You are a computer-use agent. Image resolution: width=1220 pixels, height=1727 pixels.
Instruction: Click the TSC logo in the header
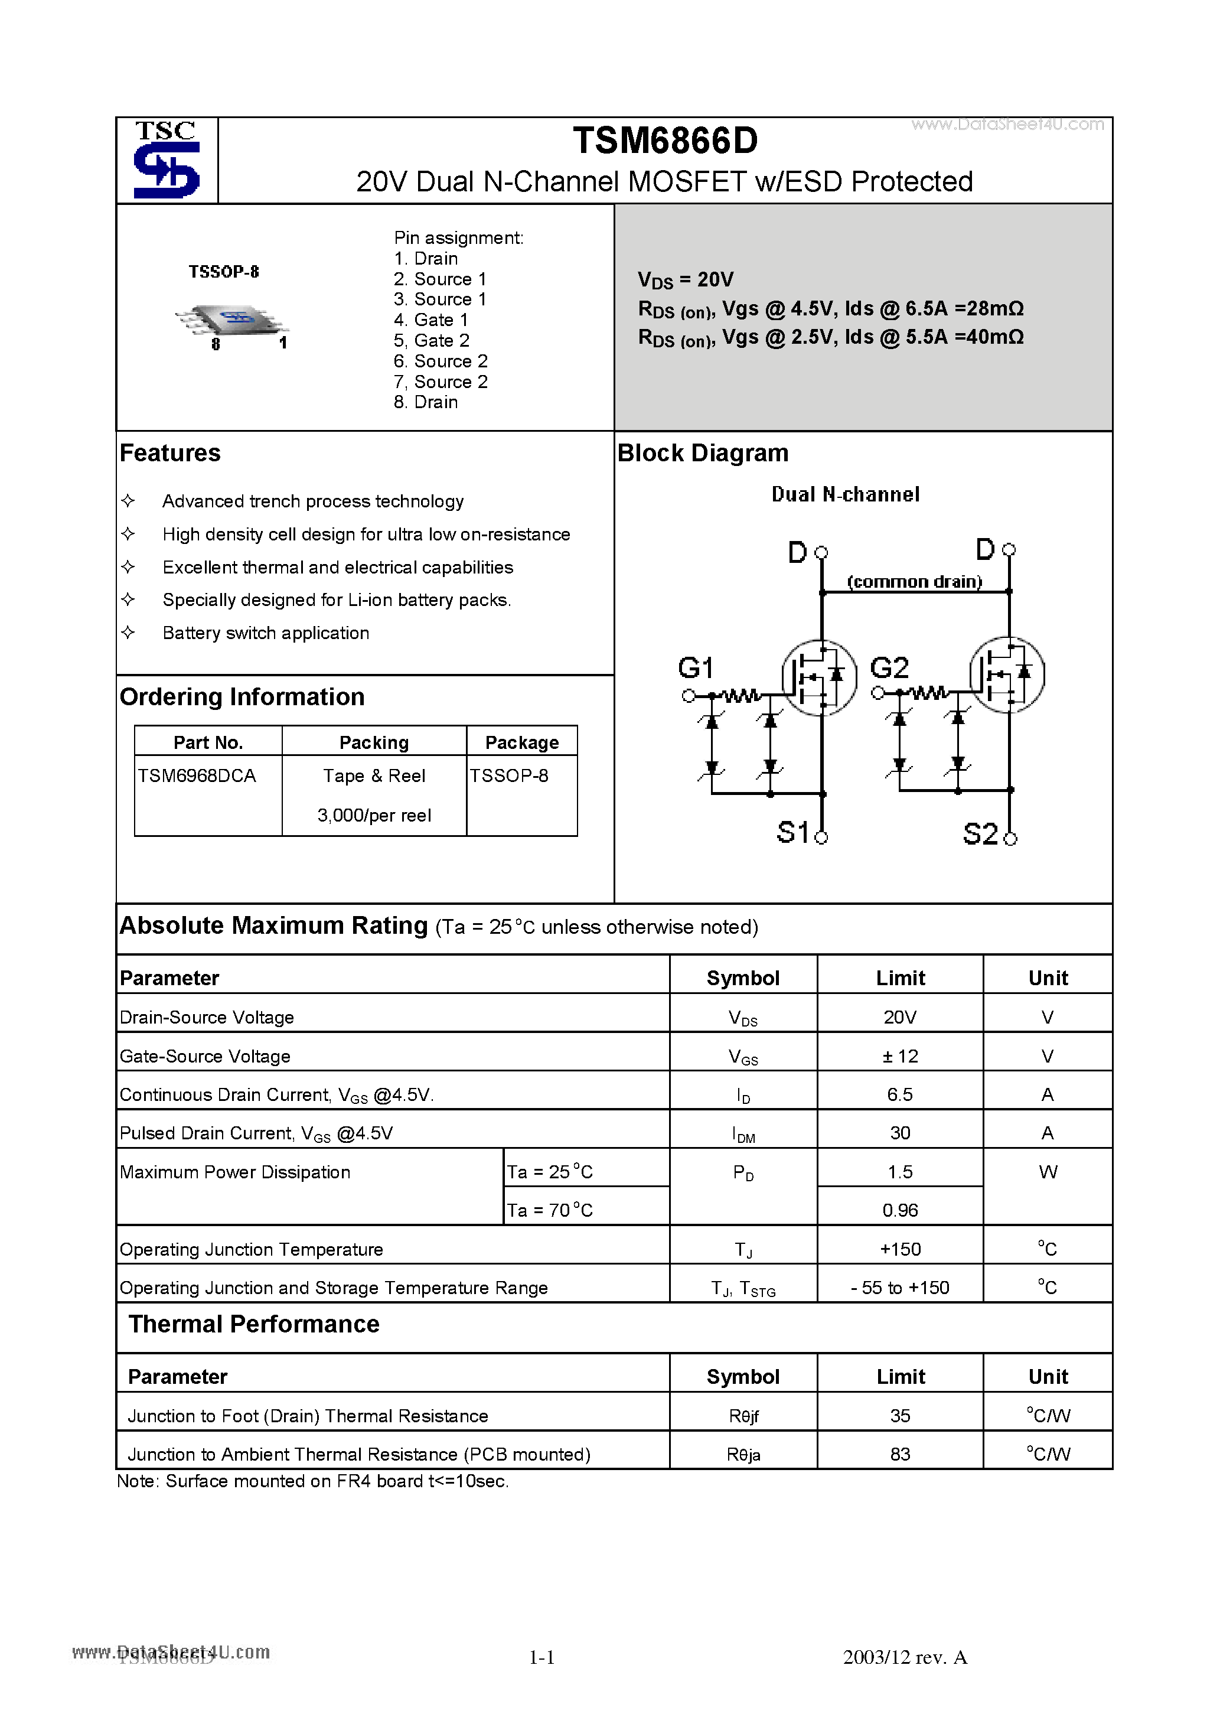166,160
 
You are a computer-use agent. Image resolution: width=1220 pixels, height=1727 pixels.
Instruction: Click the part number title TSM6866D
665,141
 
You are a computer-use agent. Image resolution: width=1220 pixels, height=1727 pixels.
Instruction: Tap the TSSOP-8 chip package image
231,322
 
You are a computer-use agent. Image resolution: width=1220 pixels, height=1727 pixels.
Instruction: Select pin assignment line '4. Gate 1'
430,320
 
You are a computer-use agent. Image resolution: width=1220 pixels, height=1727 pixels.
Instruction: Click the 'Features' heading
170,453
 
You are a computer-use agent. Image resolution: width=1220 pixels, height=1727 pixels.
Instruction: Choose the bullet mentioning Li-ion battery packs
336,599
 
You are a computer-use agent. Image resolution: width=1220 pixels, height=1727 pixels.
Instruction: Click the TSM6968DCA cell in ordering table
197,775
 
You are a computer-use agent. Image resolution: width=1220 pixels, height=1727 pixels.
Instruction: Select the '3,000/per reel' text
374,815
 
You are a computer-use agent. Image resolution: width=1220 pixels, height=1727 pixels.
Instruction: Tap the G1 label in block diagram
695,668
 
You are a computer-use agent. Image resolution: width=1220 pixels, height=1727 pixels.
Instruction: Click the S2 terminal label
980,834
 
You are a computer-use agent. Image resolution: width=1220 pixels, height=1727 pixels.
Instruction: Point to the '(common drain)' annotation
914,581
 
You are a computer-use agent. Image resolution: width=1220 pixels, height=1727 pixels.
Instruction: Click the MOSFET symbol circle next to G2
1006,674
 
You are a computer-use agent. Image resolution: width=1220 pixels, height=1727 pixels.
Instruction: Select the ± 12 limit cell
899,1056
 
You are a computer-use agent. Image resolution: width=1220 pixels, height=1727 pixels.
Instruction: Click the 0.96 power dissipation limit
899,1210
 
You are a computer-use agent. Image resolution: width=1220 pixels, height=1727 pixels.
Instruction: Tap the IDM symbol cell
743,1134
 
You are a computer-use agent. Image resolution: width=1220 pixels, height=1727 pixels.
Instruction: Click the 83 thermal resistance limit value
899,1454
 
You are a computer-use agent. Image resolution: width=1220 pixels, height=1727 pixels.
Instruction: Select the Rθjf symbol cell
743,1416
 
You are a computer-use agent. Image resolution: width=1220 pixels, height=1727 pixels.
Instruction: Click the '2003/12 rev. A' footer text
904,1657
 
